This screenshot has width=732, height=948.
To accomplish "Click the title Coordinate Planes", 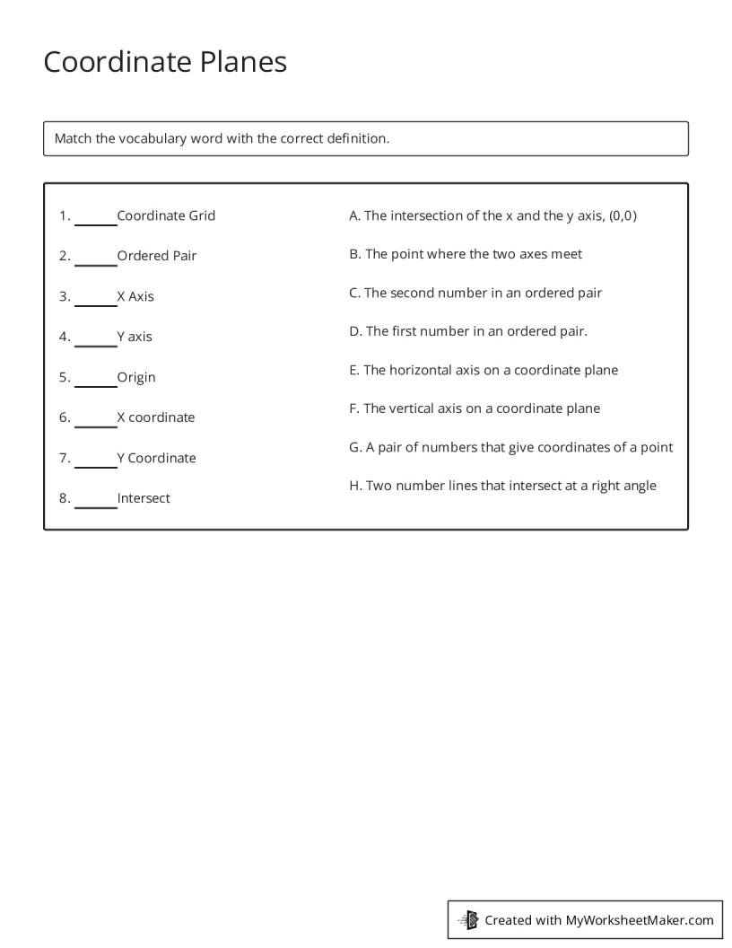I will pyautogui.click(x=165, y=62).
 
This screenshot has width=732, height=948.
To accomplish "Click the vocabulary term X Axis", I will pyautogui.click(x=135, y=296).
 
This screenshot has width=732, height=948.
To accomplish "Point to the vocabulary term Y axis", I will pyautogui.click(x=135, y=337).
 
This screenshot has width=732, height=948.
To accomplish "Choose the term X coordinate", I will pyautogui.click(x=155, y=417).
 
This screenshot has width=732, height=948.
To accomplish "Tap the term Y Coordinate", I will pyautogui.click(x=156, y=458).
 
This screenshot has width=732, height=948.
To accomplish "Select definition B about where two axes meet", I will pyautogui.click(x=466, y=254).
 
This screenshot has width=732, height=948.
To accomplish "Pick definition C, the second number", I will pyautogui.click(x=475, y=293).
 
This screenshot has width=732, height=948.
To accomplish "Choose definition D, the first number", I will pyautogui.click(x=468, y=331).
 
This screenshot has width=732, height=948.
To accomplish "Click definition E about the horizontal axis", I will pyautogui.click(x=484, y=370).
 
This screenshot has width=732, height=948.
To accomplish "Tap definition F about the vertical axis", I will pyautogui.click(x=475, y=408).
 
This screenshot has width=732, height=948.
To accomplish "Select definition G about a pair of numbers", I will pyautogui.click(x=510, y=447).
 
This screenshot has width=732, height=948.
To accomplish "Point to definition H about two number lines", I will pyautogui.click(x=502, y=486).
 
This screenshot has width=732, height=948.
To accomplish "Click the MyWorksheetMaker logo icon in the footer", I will pyautogui.click(x=468, y=919).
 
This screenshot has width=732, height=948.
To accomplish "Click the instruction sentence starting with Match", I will pyautogui.click(x=222, y=138).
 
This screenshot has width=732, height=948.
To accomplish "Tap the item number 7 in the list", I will pyautogui.click(x=65, y=458).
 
